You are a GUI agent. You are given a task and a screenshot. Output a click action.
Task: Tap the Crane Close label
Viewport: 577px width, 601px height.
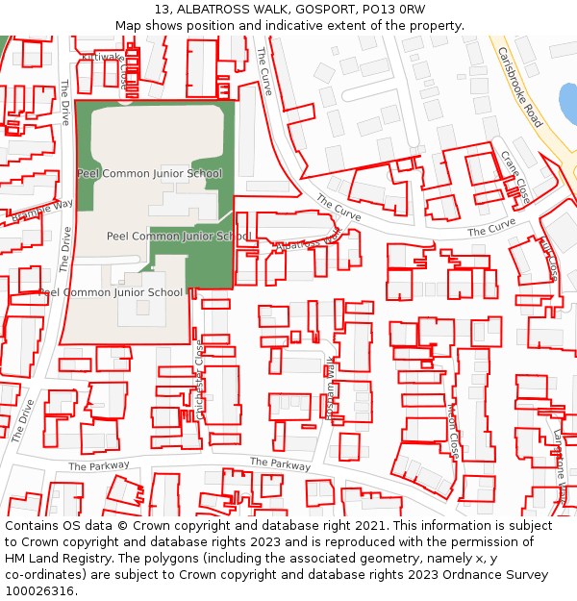[515, 176]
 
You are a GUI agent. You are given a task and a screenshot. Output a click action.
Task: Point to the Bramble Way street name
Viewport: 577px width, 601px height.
[42, 211]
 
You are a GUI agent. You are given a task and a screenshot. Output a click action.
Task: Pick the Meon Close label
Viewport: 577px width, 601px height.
[452, 431]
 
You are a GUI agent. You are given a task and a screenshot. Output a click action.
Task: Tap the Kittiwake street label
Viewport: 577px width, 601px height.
[104, 58]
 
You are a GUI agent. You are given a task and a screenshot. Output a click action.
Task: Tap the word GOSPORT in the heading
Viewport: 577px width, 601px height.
[316, 10]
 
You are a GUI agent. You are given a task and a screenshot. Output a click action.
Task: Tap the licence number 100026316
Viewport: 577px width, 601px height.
[39, 591]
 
